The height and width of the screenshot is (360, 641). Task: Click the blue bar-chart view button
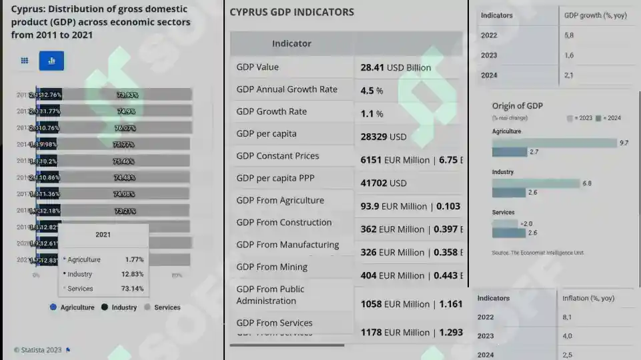pos(51,61)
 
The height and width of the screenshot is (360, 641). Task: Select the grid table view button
pos(25,61)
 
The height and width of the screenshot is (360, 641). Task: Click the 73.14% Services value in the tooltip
pos(133,289)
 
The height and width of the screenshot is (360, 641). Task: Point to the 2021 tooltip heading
pos(103,235)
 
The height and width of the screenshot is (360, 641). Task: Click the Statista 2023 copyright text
pos(37,349)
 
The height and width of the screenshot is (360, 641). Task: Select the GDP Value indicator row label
pos(257,67)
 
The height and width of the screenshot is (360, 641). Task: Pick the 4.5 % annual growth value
pos(372,90)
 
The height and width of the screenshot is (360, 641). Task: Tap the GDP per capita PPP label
pos(275,178)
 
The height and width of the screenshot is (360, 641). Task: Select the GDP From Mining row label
pos(271,267)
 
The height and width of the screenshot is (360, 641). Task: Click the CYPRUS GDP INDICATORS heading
pos(291,12)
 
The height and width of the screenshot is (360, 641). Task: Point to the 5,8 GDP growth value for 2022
pos(569,35)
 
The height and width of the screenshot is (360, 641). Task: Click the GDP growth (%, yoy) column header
pos(589,15)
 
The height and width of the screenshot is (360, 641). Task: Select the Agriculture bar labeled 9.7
pos(554,143)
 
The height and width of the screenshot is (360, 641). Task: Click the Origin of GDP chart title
pos(517,105)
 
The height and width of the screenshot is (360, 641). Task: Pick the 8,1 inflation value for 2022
pos(567,317)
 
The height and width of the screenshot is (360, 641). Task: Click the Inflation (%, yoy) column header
pos(588,298)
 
